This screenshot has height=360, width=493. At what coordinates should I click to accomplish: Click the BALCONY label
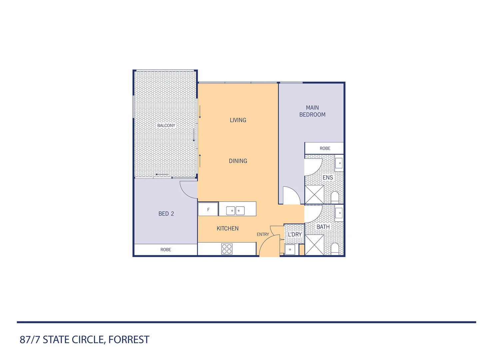[x=166, y=126]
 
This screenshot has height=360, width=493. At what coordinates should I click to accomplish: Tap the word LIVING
[x=238, y=120]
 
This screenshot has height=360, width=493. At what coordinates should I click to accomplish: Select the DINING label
[x=238, y=161]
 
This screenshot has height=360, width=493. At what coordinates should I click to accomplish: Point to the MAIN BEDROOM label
[x=312, y=111]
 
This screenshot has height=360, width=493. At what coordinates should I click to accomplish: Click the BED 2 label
[x=166, y=214]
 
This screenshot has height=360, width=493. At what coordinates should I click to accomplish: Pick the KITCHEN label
[x=228, y=229]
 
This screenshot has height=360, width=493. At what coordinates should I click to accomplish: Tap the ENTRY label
[x=263, y=234]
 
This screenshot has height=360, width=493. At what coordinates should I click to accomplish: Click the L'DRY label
[x=295, y=234]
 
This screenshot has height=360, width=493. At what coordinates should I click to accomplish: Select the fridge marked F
[x=208, y=209]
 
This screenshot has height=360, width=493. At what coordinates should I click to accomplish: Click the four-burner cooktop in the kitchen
[x=227, y=249]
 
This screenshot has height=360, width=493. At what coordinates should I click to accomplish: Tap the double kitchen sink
[x=235, y=211]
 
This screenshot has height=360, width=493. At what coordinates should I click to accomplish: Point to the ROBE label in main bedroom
[x=325, y=148]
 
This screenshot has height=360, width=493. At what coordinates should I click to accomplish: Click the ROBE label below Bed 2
[x=166, y=250]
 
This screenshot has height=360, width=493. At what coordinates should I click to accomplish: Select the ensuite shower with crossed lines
[x=314, y=195]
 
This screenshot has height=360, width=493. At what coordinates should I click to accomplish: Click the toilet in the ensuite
[x=335, y=198]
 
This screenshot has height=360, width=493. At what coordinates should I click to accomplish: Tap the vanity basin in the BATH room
[x=339, y=213]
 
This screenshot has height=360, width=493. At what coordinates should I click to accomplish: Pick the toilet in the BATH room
[x=335, y=249]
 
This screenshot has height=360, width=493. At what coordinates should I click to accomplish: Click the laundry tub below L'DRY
[x=290, y=250]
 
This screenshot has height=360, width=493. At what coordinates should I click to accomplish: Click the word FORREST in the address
[x=129, y=340]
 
